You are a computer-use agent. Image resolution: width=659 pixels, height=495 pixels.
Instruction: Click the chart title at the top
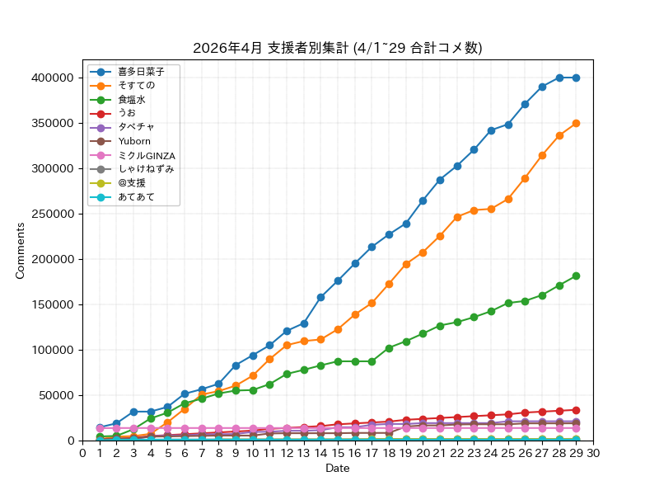point(337,48)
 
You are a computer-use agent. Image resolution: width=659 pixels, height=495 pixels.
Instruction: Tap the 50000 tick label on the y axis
point(58,395)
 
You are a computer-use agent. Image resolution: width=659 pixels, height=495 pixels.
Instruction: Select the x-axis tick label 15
point(338,453)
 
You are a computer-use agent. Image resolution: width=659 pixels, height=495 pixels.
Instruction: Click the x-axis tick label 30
point(593,453)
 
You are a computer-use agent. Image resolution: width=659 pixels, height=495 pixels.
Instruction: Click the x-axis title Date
point(338,469)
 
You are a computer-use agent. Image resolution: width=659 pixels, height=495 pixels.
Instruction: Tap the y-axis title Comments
point(21,250)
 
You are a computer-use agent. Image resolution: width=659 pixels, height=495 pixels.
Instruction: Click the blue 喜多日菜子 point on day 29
point(576,78)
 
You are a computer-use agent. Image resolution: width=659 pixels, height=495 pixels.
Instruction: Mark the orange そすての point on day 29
point(576,123)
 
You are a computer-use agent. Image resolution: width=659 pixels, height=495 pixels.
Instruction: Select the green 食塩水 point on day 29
point(576,276)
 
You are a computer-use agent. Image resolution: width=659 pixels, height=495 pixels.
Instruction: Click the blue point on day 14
point(320,297)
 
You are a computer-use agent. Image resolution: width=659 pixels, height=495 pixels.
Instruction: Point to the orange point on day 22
point(457,217)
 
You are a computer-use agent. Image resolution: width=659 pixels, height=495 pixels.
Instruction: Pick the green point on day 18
point(389,348)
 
